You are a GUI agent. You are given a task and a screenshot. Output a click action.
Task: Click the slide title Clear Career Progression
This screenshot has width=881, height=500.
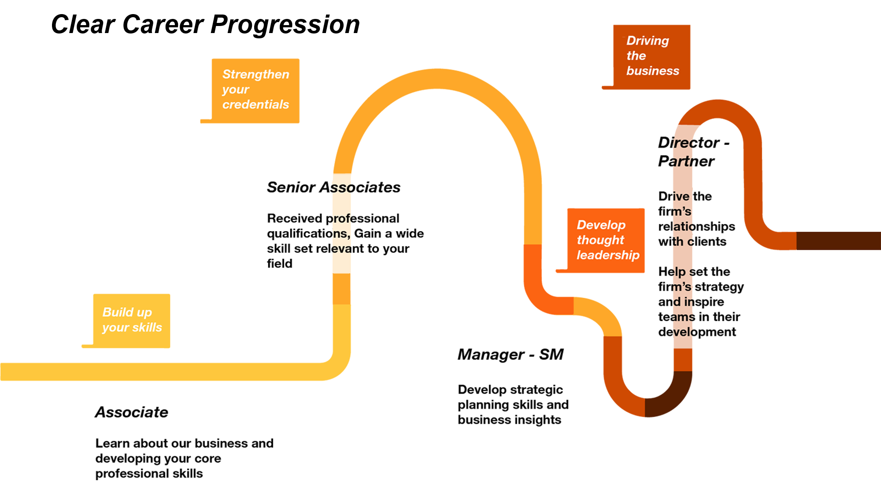(x=205, y=24)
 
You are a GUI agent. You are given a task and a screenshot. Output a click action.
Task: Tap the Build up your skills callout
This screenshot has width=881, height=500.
(x=132, y=320)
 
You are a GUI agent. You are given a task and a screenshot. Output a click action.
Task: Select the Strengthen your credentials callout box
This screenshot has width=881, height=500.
(x=255, y=90)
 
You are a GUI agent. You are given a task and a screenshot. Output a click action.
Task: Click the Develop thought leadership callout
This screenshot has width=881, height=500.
(x=606, y=240)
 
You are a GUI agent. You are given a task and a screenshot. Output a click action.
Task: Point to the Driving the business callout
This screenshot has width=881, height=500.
(x=652, y=56)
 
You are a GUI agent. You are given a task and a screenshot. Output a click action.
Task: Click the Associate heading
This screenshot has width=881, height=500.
(x=132, y=412)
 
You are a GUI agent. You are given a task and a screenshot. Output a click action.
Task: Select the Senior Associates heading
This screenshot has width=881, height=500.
(x=333, y=187)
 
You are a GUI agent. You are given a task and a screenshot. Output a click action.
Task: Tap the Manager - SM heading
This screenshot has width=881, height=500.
(x=511, y=355)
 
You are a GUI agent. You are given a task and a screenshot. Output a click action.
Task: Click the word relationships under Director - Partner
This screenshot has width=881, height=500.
(x=696, y=226)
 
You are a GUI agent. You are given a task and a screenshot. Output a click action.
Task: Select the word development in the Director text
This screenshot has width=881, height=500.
(x=697, y=332)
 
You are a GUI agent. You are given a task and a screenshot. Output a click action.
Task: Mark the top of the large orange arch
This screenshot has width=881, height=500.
(x=437, y=78)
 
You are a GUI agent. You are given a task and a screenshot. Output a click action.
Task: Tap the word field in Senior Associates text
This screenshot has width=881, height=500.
(x=279, y=264)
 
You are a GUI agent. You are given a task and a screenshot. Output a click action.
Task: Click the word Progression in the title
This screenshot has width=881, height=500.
(x=285, y=24)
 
